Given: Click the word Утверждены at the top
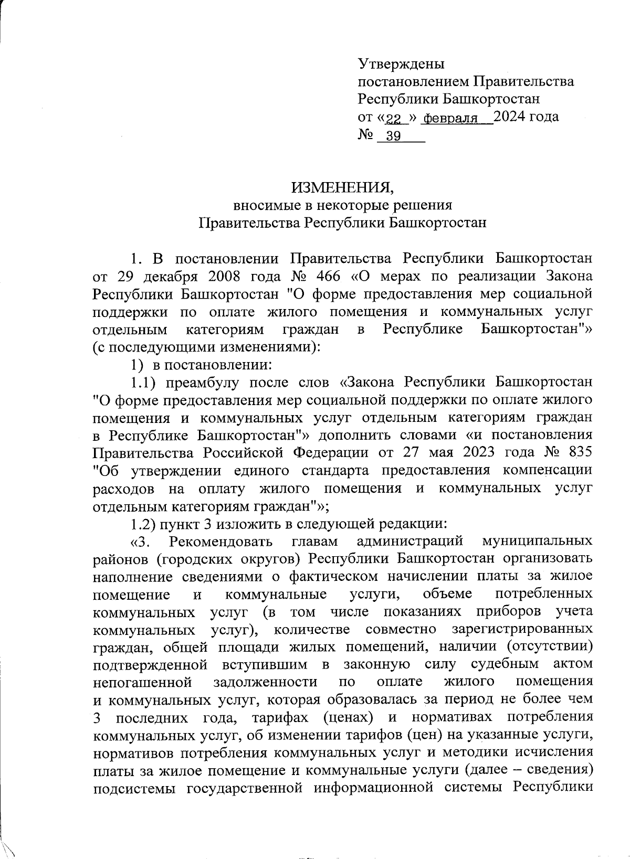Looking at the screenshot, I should point(401,64).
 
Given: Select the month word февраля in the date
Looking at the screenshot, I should point(450,118).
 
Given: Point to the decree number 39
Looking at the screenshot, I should point(393,136).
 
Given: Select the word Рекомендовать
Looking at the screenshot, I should point(221,541).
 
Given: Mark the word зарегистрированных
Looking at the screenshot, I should point(522,629).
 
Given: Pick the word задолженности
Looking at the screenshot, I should point(265,682).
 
